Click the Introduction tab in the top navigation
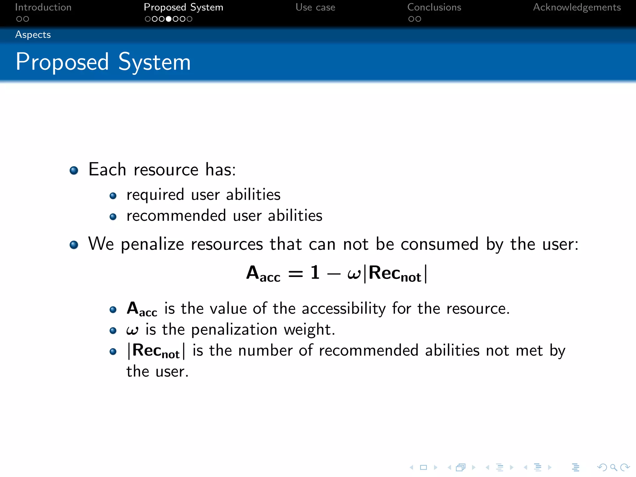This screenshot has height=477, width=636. click(x=43, y=7)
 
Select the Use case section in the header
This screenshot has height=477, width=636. click(x=315, y=7)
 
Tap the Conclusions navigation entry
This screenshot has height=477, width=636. click(x=434, y=7)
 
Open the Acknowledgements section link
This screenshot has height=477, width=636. click(x=577, y=7)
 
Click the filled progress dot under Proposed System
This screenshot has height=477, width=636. click(x=169, y=19)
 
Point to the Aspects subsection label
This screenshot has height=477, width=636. click(x=33, y=34)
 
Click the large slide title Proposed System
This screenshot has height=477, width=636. click(x=103, y=62)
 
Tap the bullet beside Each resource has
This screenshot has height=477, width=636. click(x=74, y=170)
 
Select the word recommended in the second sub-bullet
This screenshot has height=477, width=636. click(x=176, y=216)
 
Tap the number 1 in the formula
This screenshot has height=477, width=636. click(x=315, y=273)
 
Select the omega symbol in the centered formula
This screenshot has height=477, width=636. click(x=354, y=274)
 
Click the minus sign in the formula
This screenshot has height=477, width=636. click(x=334, y=274)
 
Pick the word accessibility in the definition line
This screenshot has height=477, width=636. click(x=344, y=309)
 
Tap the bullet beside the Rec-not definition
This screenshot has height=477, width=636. click(x=113, y=352)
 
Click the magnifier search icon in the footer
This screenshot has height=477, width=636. click(x=613, y=467)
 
